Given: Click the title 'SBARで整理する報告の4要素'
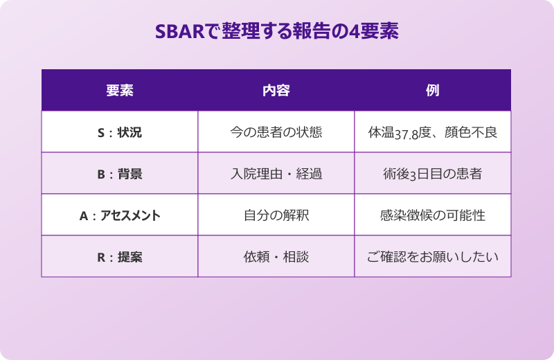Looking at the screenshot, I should coord(276,32).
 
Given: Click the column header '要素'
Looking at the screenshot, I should coord(120,91).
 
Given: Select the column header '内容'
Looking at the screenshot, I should coord(276,91).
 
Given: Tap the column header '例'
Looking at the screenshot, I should coord(433,91).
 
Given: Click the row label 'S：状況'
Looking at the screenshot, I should coord(120,132).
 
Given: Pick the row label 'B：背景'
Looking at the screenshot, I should coord(120,174).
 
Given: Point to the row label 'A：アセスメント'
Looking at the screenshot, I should coord(120,215).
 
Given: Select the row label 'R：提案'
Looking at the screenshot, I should coord(120,257).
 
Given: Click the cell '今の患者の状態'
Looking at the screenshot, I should coord(276,132).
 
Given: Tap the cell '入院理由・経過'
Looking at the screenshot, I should coord(276,174).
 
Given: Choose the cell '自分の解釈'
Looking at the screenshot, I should coord(276,215).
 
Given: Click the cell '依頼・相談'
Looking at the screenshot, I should coord(276,257).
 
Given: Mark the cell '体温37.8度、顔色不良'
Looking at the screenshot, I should coord(433,132).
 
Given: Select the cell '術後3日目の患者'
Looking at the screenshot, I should coord(433,174).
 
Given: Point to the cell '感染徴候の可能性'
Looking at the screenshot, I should coord(433,215).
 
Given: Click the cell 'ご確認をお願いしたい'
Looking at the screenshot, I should coord(433,257).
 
